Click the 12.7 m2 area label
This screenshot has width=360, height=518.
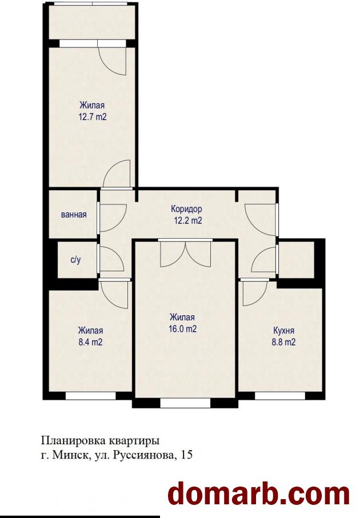coord(93,117)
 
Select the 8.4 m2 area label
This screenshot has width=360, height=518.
coord(90,342)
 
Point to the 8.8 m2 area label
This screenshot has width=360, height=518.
coord(283,342)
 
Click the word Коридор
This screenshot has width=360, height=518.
coord(186,209)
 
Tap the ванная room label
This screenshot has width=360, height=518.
coord(74,215)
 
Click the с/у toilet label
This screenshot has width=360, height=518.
coord(75,260)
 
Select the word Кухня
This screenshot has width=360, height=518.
coord(283,330)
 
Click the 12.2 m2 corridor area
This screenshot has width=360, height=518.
coord(188,220)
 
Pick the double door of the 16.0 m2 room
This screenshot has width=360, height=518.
coord(186,254)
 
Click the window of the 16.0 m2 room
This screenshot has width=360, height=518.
coord(185,403)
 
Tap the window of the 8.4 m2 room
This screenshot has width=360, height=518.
coord(91,396)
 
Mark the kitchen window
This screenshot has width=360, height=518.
coord(280,396)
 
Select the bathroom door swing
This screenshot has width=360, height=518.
coord(113,218)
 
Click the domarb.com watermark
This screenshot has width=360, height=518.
coord(258,494)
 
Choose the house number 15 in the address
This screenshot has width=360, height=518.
coord(187,455)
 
